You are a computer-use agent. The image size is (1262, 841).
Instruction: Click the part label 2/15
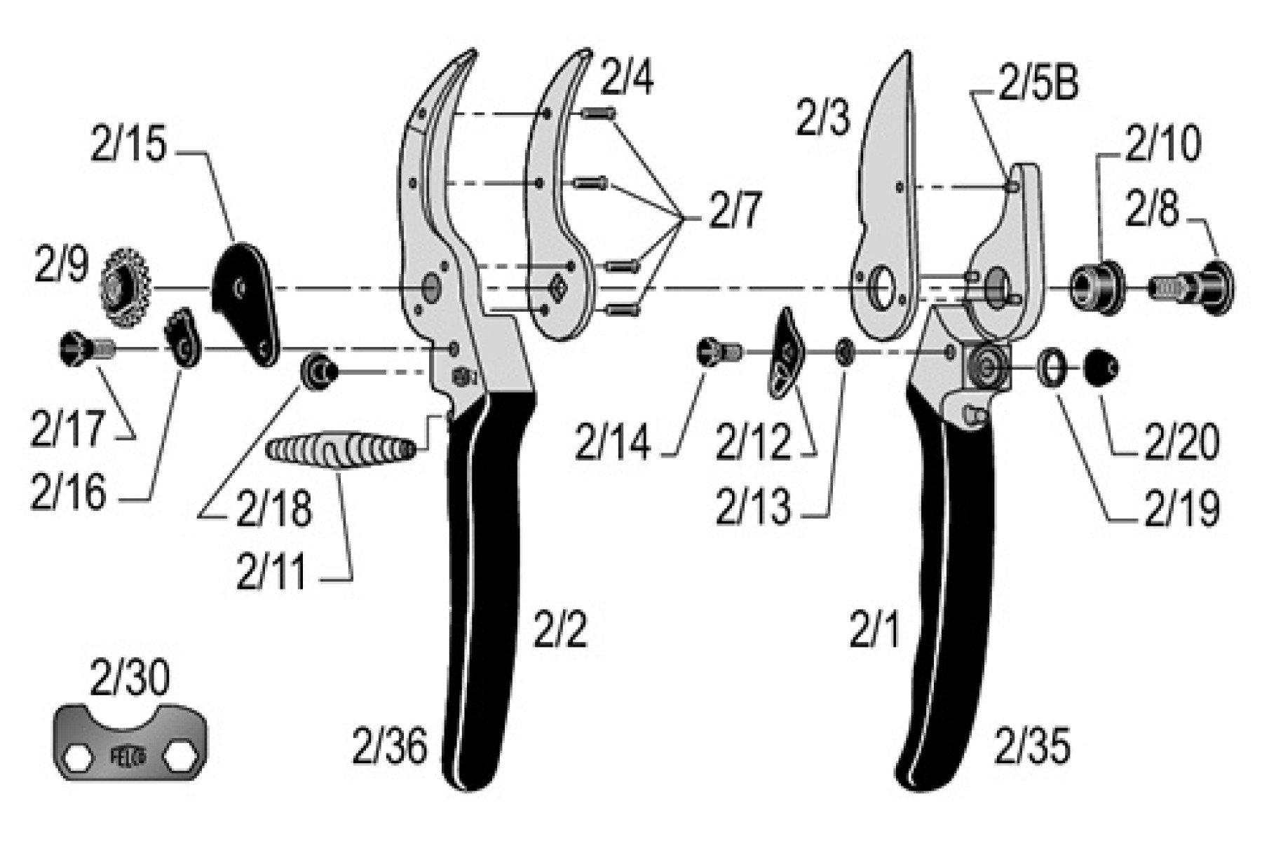point(129,145)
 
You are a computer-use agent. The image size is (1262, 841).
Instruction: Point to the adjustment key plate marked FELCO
point(131,741)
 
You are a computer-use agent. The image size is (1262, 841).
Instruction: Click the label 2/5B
point(1038,84)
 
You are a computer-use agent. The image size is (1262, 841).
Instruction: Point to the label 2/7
point(734,212)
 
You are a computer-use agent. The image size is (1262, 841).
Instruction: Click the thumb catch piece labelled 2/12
point(787,353)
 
